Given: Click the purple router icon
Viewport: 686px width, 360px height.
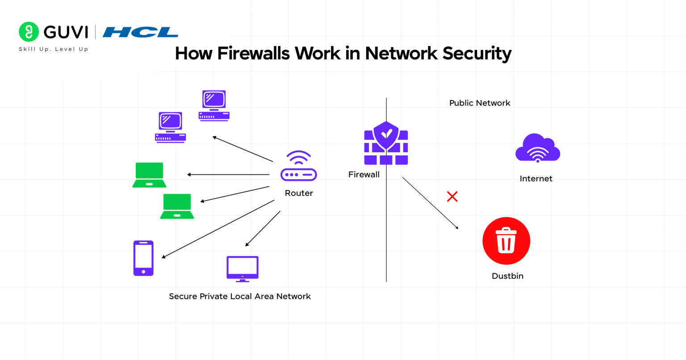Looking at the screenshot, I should [x=298, y=166].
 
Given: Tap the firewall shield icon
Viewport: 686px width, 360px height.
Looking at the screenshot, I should [x=386, y=143].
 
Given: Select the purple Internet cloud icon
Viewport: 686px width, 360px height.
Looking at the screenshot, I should [x=537, y=148].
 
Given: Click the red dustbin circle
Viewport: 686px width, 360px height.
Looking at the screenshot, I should [x=506, y=241].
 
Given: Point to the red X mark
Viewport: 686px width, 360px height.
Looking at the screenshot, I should [x=452, y=197].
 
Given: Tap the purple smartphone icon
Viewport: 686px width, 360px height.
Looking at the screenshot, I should [x=143, y=258].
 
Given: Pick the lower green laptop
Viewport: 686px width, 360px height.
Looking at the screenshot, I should [x=177, y=206].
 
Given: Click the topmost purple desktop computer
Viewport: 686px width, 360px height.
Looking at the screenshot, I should [x=214, y=106].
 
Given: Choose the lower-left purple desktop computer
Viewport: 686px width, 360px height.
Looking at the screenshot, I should [x=170, y=127].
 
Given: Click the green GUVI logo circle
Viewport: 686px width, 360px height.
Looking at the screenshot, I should [x=29, y=32].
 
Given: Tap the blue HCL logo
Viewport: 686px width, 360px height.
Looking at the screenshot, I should [x=140, y=32].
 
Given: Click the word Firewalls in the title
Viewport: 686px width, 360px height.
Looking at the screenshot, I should [x=253, y=53].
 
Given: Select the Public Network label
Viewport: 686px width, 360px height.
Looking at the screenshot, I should [x=479, y=103].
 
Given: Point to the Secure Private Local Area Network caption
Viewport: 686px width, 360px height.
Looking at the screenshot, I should [x=239, y=297].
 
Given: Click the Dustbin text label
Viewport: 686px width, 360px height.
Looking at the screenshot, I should [x=507, y=276].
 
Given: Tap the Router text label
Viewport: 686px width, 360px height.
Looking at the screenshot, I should [x=299, y=193].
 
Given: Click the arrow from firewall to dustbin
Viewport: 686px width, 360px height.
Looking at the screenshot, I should [x=430, y=203].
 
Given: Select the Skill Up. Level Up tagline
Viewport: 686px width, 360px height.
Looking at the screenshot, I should [x=53, y=49].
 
